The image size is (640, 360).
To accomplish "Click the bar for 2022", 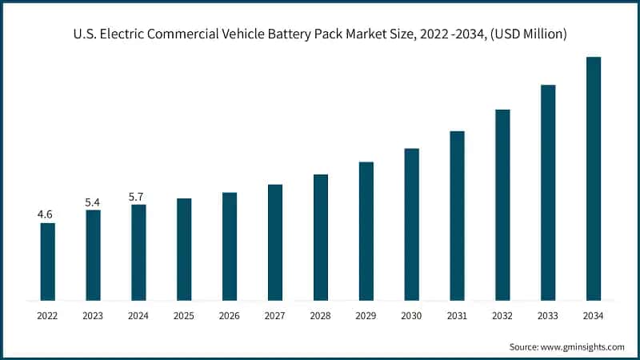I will [x=48, y=262].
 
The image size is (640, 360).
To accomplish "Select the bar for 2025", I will [x=184, y=250].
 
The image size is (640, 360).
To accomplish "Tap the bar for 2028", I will [x=321, y=238].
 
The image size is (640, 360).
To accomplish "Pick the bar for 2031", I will [x=457, y=216].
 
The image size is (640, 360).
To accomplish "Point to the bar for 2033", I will [x=548, y=193].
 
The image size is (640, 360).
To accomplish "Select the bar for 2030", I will [x=411, y=225].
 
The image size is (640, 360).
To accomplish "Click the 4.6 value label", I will [x=46, y=214].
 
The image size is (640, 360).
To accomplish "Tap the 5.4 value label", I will [x=93, y=202].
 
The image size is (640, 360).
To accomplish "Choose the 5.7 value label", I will [x=138, y=197].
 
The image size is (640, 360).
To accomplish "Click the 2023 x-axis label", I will [x=93, y=317].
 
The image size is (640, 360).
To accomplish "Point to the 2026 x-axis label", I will [x=230, y=317].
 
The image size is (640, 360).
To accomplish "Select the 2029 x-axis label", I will [x=366, y=317].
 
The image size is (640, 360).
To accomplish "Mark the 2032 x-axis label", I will [x=502, y=317].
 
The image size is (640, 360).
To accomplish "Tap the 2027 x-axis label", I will [x=275, y=317].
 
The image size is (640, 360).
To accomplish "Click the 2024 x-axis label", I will [x=138, y=317].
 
